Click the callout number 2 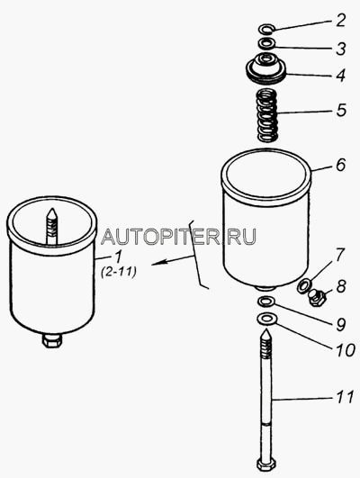339,21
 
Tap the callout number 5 341,111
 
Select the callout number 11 345,397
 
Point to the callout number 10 345,350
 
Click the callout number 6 340,165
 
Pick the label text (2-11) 118,271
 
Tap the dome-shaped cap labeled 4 266,68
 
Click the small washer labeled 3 267,43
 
